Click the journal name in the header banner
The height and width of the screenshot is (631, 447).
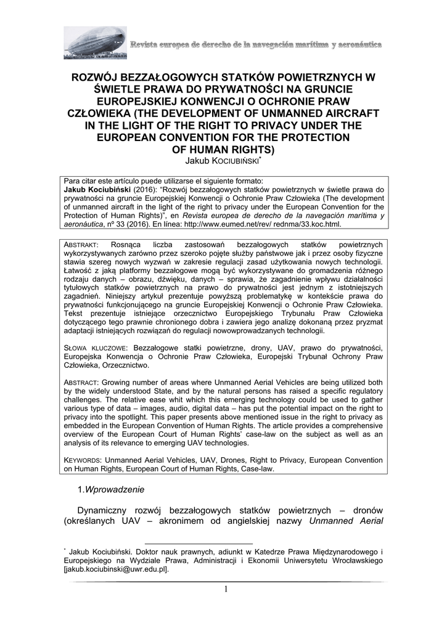tap(256, 45)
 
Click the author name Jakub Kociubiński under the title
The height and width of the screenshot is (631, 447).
tap(223, 161)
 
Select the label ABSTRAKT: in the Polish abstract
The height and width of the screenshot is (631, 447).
tap(86, 245)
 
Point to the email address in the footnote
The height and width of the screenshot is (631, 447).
tap(116, 569)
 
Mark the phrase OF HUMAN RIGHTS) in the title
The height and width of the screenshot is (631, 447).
tap(223, 149)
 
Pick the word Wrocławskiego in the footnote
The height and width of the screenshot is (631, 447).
tap(355, 560)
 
